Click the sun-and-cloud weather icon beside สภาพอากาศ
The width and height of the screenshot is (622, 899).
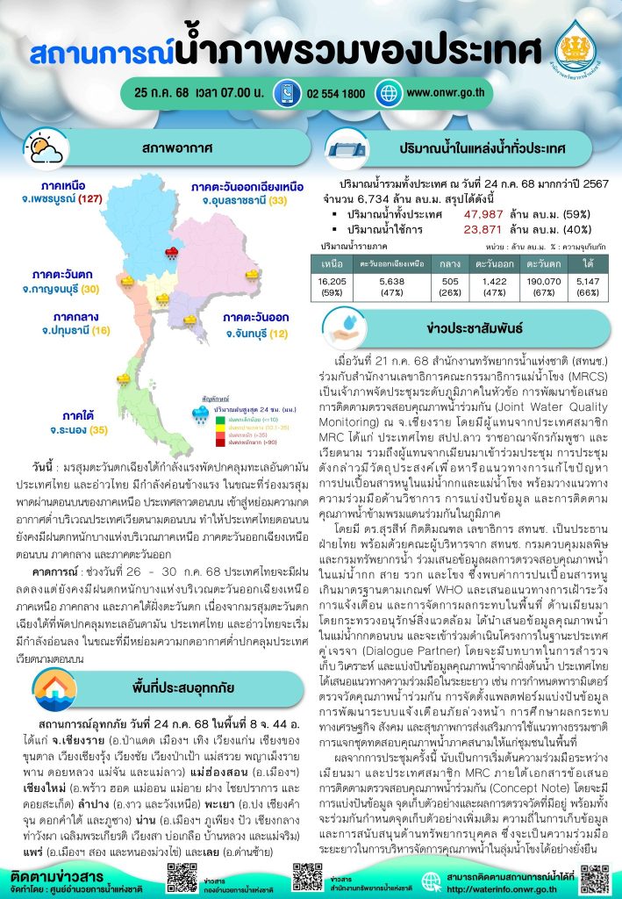tap(43, 151)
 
